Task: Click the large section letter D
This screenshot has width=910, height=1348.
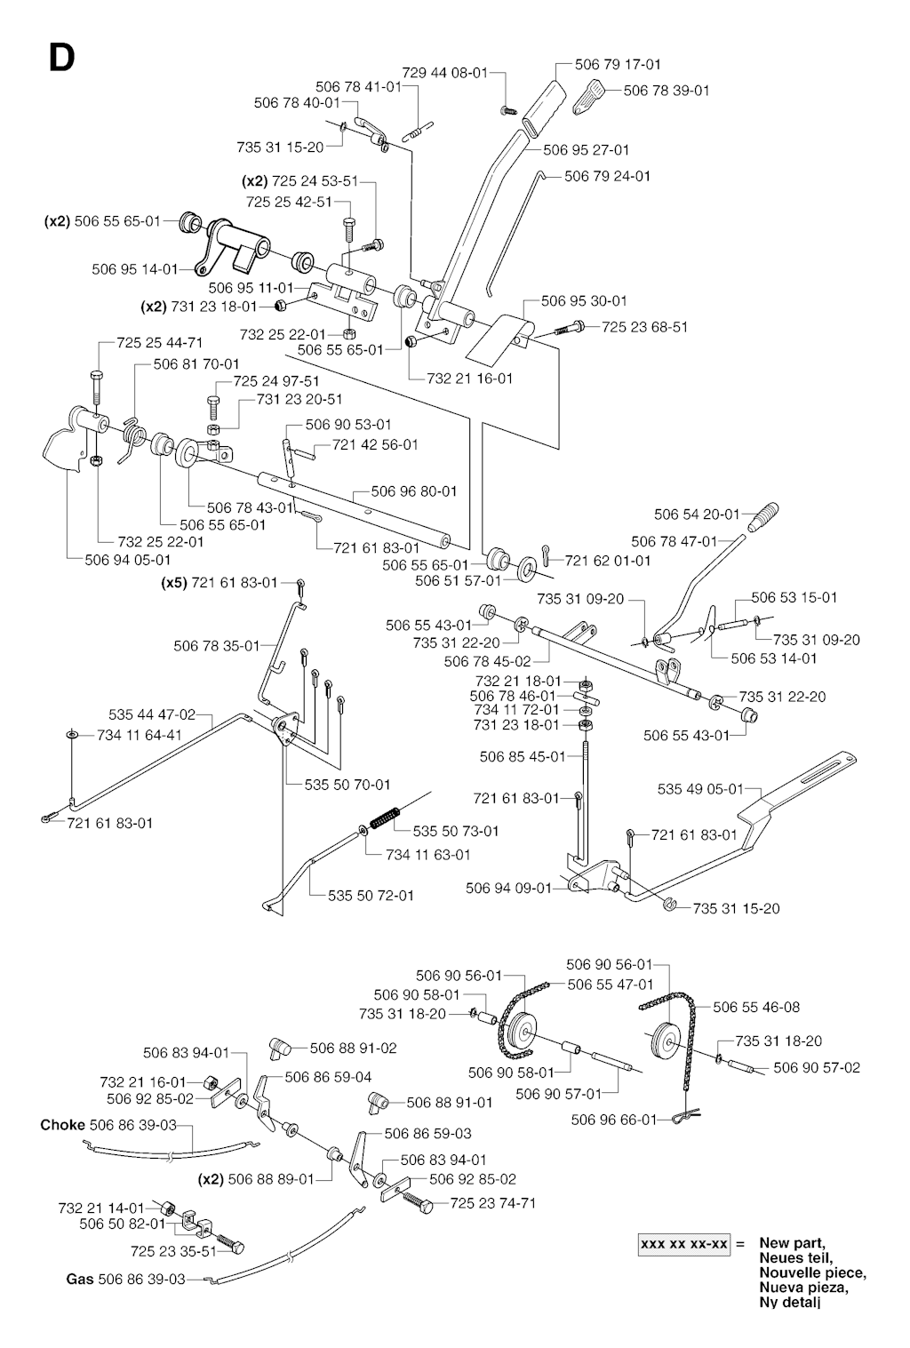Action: [x=61, y=58]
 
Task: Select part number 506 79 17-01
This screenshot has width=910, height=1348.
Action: [x=618, y=64]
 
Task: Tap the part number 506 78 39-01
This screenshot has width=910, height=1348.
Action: [x=667, y=90]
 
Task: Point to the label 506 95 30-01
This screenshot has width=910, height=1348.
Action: [x=584, y=301]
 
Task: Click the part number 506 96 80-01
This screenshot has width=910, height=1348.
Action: [x=414, y=491]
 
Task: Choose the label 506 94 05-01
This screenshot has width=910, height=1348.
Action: [x=128, y=560]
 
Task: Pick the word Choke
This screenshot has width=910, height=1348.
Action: [x=62, y=1125]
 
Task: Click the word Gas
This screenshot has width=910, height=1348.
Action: [x=79, y=1280]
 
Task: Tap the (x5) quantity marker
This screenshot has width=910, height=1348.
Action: [x=174, y=583]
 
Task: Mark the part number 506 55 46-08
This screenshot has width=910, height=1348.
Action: [x=756, y=1007]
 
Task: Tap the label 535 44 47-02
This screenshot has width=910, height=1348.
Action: [x=152, y=714]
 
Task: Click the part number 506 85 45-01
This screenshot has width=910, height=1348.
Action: [x=522, y=757]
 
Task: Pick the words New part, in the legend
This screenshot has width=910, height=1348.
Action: [x=793, y=1243]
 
